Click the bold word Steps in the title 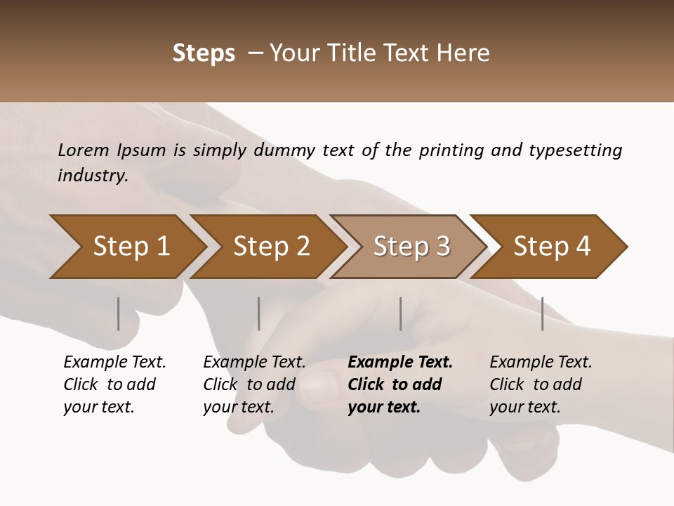[204, 53]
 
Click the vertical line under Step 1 [119, 313]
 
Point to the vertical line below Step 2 [259, 313]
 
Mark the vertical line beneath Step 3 [401, 313]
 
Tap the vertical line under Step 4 [543, 313]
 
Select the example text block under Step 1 [114, 384]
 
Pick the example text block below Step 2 [254, 384]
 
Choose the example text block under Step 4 [541, 384]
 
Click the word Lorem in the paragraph [84, 150]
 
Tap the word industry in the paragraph [92, 176]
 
